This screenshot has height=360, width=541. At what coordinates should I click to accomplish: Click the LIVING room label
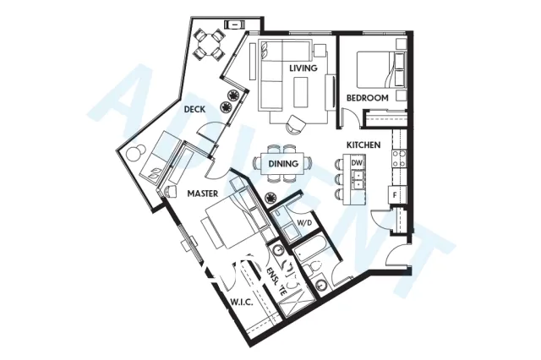[x=302, y=68]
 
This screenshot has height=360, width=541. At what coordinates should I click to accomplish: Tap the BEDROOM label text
[x=367, y=99]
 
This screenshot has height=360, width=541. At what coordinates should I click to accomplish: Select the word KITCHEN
[x=363, y=145]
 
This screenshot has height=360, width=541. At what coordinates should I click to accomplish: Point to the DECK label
[x=195, y=109]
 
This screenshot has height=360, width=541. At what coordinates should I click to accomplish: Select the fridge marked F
[x=393, y=195]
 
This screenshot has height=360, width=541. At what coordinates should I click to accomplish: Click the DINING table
[x=280, y=164]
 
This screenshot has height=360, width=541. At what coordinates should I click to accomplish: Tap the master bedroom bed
[x=228, y=221]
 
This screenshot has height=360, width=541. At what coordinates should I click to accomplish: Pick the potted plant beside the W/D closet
[x=271, y=198]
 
